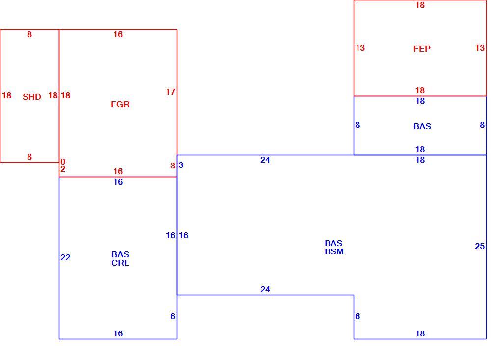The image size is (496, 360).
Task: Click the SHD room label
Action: [x=32, y=97]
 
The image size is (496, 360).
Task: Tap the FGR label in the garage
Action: [x=120, y=105]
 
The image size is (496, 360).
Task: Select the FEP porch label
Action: [x=422, y=49]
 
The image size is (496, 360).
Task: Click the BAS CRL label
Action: [x=120, y=259]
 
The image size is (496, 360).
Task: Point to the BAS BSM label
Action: [x=334, y=248]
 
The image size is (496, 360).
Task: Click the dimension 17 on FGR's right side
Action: [x=170, y=92]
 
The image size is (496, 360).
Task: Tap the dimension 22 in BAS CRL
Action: [x=65, y=257]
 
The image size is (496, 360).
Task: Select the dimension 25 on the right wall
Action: [x=480, y=246]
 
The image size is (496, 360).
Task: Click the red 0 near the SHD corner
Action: [x=63, y=162]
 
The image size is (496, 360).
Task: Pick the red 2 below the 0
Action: [x=63, y=169]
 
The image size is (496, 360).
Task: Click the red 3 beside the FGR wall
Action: [x=173, y=166]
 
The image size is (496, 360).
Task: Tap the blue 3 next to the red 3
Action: [x=181, y=165]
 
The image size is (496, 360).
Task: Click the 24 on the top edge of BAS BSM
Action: [x=265, y=160]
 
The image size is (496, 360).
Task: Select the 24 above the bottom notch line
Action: [x=265, y=289]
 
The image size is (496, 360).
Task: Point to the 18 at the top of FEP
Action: [x=420, y=5]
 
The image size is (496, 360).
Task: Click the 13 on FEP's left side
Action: [x=360, y=48]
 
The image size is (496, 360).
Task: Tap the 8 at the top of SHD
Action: [x=29, y=34]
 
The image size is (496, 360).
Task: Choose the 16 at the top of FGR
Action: [x=118, y=34]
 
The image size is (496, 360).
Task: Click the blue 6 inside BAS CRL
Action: [x=173, y=316]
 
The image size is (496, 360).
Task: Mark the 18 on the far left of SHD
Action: [x=7, y=95]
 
